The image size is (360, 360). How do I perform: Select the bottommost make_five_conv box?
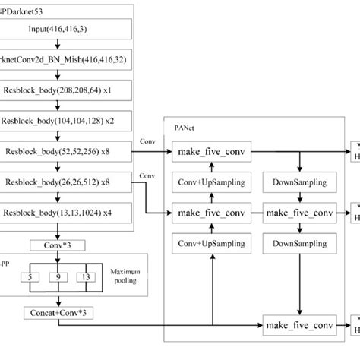point(300,327)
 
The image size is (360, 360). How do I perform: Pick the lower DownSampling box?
point(300,244)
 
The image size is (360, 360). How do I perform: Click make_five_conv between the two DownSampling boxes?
point(300,213)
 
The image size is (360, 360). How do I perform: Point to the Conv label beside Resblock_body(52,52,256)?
point(148,141)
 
